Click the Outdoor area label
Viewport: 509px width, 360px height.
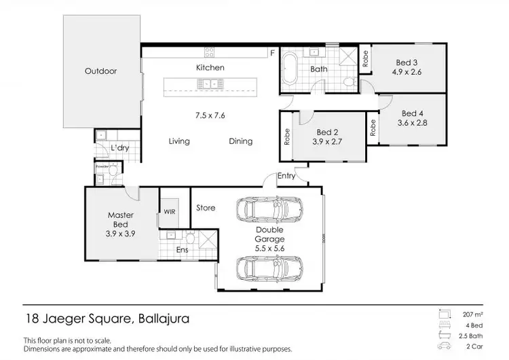click(x=100, y=71)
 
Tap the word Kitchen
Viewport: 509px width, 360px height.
click(x=210, y=68)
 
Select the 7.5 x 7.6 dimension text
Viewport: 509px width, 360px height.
click(x=210, y=115)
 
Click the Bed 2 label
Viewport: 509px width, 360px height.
click(x=328, y=132)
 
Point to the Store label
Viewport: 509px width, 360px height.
click(x=206, y=208)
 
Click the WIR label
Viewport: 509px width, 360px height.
click(x=169, y=212)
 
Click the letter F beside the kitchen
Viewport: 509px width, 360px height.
click(x=271, y=52)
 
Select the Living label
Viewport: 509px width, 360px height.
click(x=179, y=141)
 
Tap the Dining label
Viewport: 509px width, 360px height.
click(x=240, y=141)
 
